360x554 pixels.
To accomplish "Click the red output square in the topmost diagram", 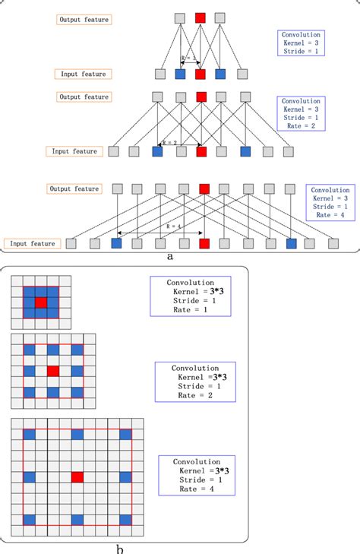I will click(201, 17).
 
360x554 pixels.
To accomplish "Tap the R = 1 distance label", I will click(188, 58).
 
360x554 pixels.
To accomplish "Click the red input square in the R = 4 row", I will click(204, 244).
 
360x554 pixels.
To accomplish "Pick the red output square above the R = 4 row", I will click(204, 188).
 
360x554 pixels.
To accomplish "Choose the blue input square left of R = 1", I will click(180, 74).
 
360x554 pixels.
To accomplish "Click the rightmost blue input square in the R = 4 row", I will click(292, 244).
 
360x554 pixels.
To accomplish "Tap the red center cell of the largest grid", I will click(77, 476).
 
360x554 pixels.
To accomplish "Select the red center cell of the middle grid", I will click(52, 371).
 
